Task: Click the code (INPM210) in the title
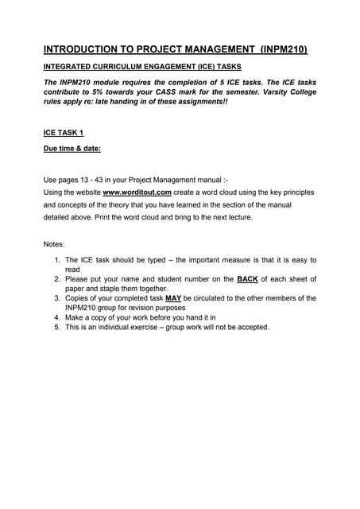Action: [277, 49]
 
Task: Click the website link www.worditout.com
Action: [137, 192]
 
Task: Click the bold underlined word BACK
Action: [246, 279]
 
